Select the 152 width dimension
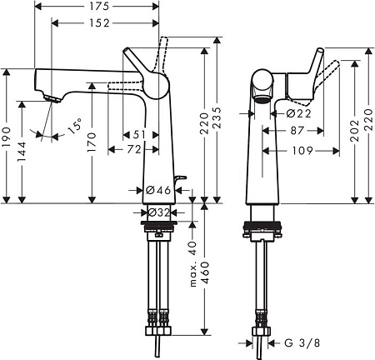[98, 25]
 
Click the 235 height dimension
[217, 122]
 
